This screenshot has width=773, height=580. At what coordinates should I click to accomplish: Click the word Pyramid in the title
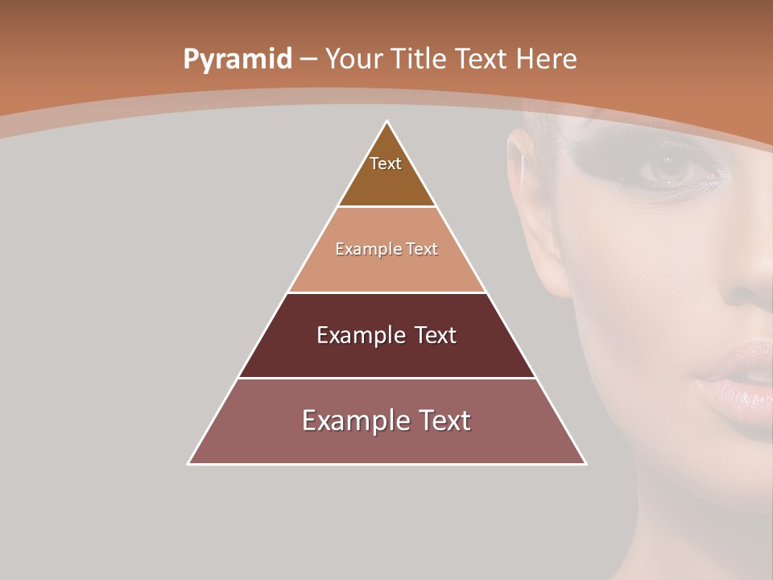[237, 60]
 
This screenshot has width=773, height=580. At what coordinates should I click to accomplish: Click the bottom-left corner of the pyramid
[189, 463]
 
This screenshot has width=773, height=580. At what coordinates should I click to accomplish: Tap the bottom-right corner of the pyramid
[585, 463]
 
